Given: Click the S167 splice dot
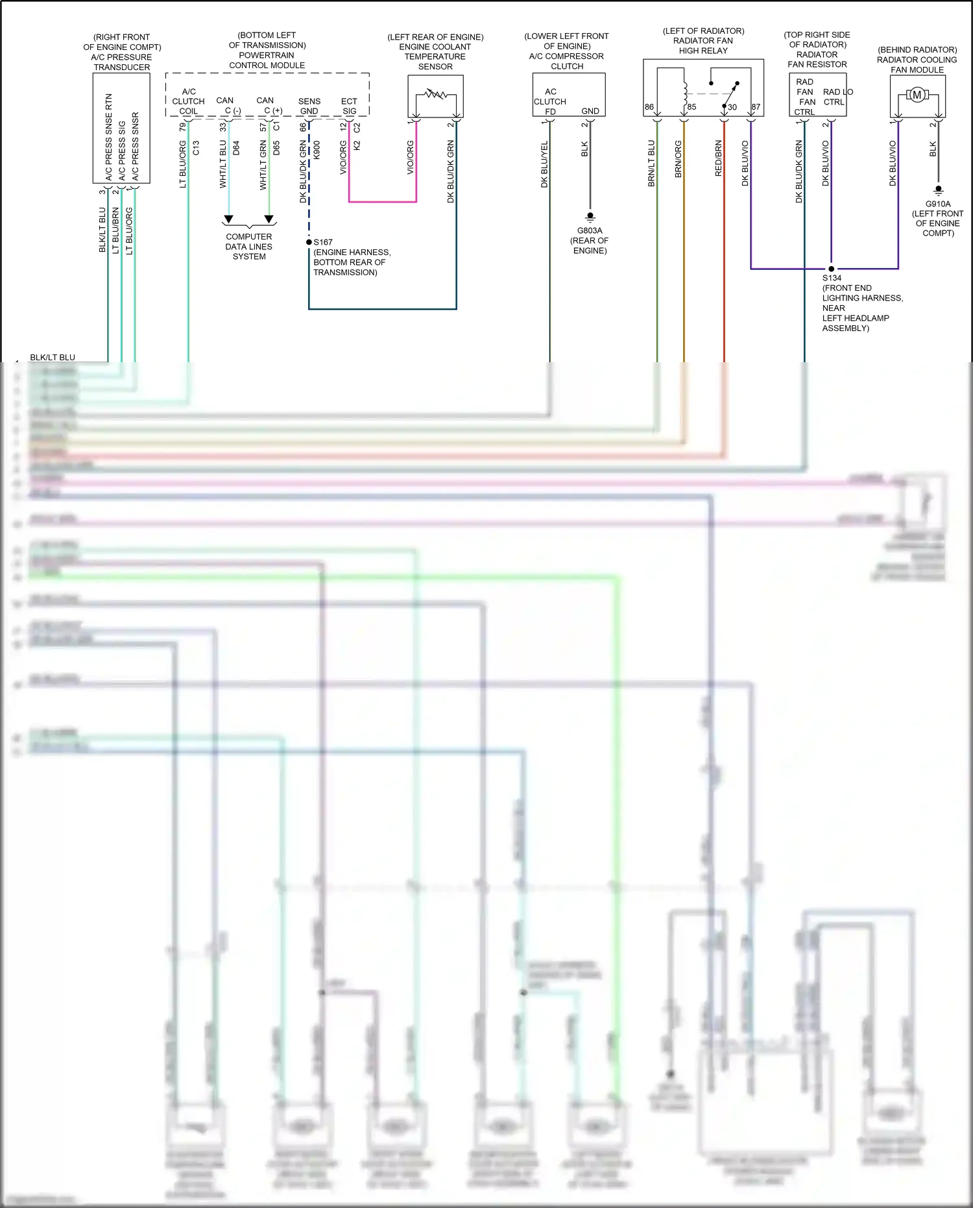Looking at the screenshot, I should [x=309, y=242].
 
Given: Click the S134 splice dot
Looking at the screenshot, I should [x=832, y=269].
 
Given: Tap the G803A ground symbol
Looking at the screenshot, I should [x=590, y=216].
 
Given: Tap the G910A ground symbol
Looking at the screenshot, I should [x=938, y=190].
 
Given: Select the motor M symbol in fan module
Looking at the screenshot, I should [x=917, y=95].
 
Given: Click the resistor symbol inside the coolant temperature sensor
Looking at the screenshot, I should [x=436, y=95].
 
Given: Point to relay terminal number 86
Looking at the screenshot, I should [x=649, y=107].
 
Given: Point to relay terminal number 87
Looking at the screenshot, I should [x=756, y=107].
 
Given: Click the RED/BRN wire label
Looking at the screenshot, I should [x=718, y=158].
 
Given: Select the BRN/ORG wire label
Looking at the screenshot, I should [x=678, y=159].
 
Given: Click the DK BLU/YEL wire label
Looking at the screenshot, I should [x=544, y=164].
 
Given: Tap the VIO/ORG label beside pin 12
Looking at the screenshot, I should [x=343, y=158].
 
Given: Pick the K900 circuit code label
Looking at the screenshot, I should [x=317, y=150].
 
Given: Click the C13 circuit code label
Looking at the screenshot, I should [x=196, y=148].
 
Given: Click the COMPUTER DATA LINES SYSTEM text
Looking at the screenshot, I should [x=249, y=247].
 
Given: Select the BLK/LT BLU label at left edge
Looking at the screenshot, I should [x=53, y=357].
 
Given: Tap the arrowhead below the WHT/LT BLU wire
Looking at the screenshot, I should [x=228, y=219].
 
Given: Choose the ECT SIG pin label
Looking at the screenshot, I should [x=349, y=106].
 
